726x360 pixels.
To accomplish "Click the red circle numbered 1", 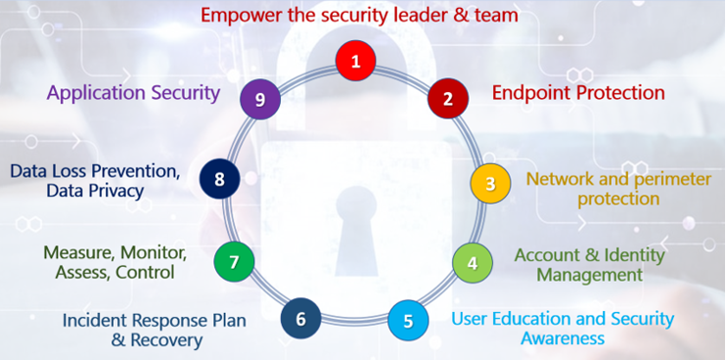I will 356,62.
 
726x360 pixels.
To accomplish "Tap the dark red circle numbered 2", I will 447,98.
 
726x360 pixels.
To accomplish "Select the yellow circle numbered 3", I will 490,183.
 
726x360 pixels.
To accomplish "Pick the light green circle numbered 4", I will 472,262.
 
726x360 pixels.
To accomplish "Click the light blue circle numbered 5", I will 408,319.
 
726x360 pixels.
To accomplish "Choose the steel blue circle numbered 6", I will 300,318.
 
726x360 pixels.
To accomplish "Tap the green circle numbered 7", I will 234,262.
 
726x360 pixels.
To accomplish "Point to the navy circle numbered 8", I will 219,178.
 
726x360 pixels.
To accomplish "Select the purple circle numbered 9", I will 260,98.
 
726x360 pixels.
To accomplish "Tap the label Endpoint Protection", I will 578,93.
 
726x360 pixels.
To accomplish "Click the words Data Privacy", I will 95,191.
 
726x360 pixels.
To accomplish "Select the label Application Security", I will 133,94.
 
